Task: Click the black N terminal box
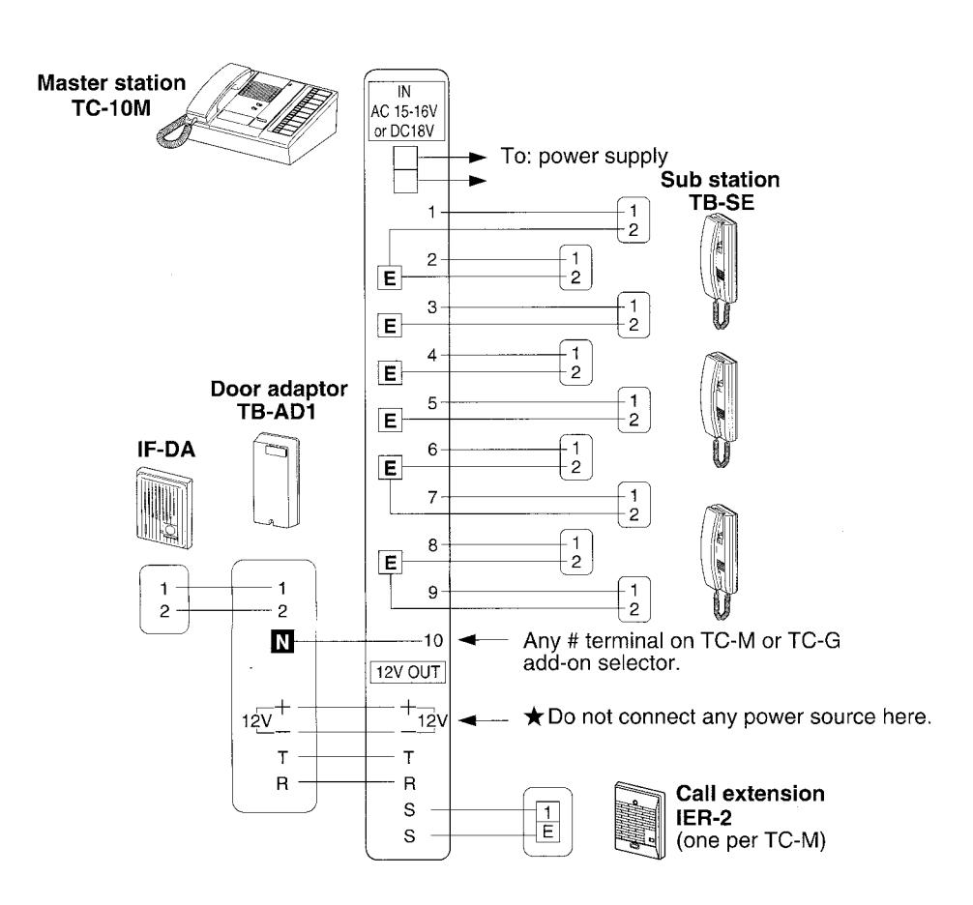282,641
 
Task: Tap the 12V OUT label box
408,672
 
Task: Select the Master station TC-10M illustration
247,113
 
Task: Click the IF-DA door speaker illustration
163,508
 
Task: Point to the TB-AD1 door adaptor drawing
277,481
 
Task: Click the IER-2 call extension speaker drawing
639,819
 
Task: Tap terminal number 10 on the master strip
433,640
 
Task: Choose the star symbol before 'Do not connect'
534,717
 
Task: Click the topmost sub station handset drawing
721,271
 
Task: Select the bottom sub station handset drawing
721,562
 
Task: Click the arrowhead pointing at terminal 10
466,640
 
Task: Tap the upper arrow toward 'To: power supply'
453,157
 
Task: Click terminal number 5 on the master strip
432,403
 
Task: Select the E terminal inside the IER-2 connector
547,832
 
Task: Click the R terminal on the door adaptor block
282,783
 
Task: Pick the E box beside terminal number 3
390,325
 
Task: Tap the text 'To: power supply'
584,157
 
